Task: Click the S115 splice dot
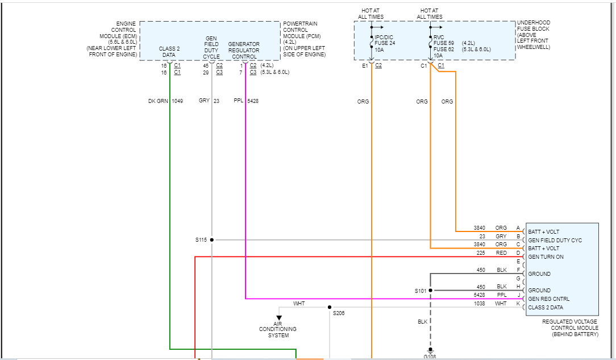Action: click(212, 240)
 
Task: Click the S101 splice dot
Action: click(430, 291)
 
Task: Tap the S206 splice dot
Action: click(330, 307)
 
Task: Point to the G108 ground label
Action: click(430, 357)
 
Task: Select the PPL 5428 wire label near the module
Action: click(501, 295)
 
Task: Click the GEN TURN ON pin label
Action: click(546, 257)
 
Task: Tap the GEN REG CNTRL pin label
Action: click(548, 299)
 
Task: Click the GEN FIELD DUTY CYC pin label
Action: click(555, 240)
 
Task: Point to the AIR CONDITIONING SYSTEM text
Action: click(278, 329)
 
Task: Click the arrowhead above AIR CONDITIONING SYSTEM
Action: click(278, 318)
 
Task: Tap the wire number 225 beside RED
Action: click(481, 253)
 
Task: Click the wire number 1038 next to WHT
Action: click(480, 304)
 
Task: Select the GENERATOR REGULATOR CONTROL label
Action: click(244, 50)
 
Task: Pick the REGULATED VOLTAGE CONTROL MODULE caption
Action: click(570, 328)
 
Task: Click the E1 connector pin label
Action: click(365, 66)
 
